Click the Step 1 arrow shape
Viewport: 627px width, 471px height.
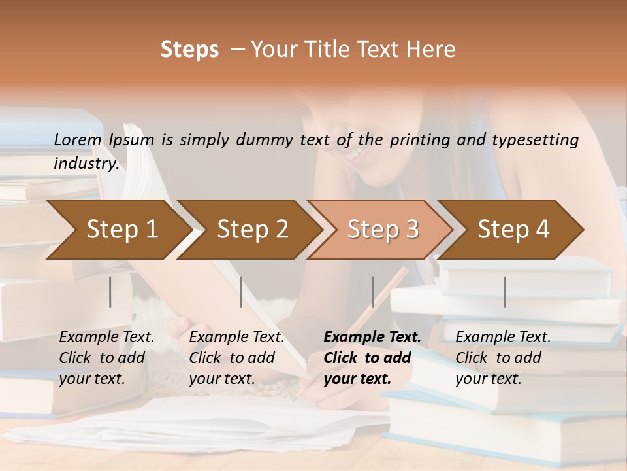pos(122,230)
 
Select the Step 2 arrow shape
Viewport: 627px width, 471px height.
pos(253,230)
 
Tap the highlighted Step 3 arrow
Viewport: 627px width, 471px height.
pos(383,230)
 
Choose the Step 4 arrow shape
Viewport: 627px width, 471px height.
pos(513,230)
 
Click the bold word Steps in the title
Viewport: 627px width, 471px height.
pos(189,50)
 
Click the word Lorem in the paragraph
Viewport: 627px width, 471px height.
pos(78,140)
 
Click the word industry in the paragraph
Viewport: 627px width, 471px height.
pos(86,163)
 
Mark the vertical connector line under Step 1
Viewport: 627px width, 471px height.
pos(110,292)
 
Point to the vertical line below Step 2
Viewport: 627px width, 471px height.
pos(241,292)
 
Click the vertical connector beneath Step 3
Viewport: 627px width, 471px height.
pos(372,292)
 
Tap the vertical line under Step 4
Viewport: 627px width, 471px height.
pos(504,292)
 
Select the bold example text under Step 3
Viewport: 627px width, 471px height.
pos(371,358)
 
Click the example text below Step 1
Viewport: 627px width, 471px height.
pos(106,358)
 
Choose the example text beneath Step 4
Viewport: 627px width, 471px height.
pos(502,358)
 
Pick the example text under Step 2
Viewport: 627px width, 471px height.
pos(236,358)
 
